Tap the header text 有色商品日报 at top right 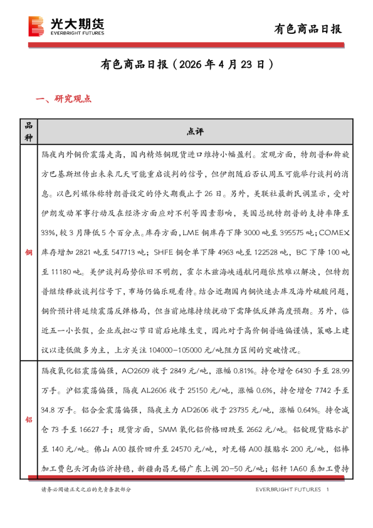(308, 28)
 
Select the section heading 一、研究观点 (65, 98)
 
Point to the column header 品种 (28, 131)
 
